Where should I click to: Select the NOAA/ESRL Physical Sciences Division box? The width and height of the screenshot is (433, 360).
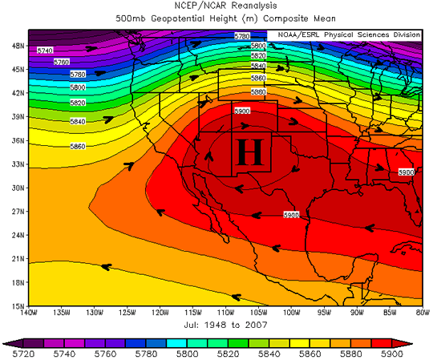(x=349, y=35)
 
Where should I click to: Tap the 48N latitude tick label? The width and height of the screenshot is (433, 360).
(x=18, y=46)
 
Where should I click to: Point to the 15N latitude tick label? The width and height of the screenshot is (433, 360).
(x=18, y=305)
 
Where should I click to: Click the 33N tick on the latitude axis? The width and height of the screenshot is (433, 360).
(x=18, y=164)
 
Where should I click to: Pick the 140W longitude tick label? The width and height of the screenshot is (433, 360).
(x=28, y=313)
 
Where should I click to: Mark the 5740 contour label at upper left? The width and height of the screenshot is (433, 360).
(x=46, y=51)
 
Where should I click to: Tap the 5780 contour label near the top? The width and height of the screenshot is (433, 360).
(x=242, y=36)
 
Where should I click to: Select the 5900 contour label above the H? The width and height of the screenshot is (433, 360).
(x=242, y=111)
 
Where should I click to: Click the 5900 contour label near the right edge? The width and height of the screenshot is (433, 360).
(x=406, y=172)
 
